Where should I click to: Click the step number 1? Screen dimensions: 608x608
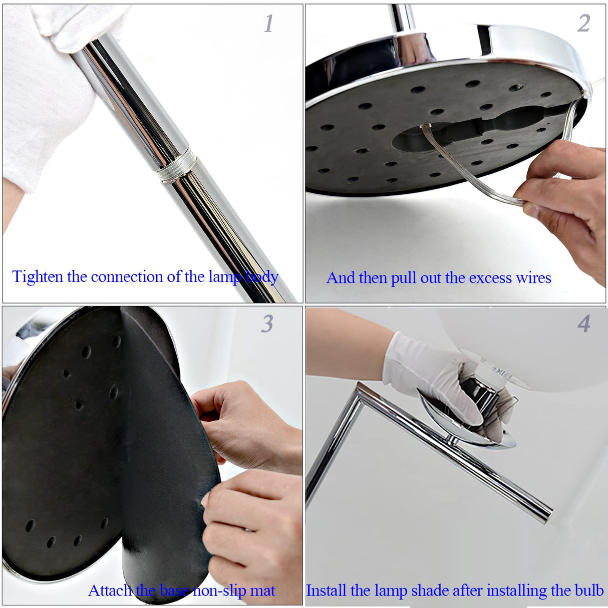coord(268,24)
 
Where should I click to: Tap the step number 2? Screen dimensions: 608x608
coord(583,24)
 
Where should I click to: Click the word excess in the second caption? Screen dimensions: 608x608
coord(490,278)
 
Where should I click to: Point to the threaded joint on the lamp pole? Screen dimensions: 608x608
coord(176,166)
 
